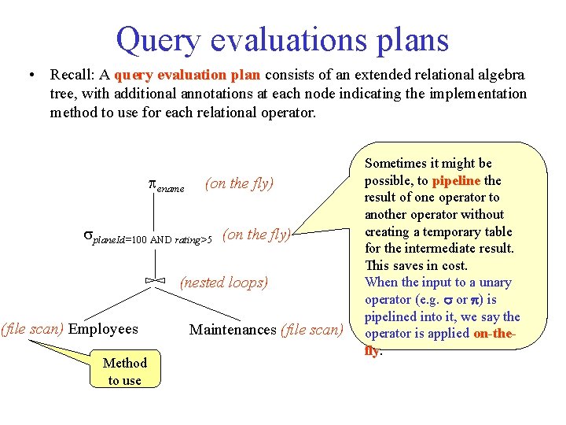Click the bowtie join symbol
(155, 281)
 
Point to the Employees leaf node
(103, 329)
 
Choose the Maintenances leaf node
(233, 329)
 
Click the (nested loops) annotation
(224, 282)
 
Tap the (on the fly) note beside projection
(239, 183)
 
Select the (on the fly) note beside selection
(257, 234)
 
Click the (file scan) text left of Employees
(32, 329)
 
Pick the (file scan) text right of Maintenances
(312, 329)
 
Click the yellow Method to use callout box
(125, 371)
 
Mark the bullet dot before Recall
(29, 76)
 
